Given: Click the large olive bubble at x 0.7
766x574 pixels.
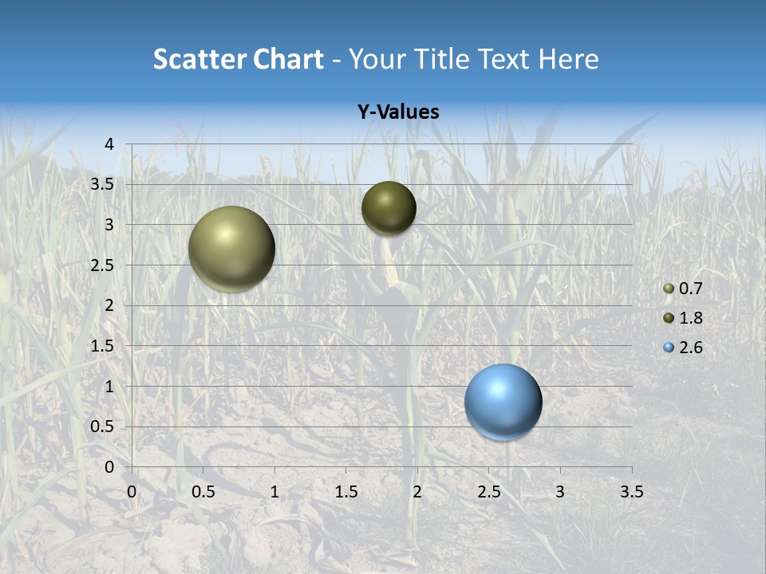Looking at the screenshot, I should coord(231,249).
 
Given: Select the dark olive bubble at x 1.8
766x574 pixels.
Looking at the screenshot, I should coord(389,208).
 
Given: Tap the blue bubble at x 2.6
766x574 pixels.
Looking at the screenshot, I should coord(503,402).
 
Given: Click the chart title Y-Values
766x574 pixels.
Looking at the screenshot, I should coord(397,112).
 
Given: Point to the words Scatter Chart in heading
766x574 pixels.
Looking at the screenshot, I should coord(239,59).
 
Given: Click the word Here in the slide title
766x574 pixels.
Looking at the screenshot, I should coord(569,59).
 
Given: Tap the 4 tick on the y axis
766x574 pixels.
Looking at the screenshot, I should coord(109,143).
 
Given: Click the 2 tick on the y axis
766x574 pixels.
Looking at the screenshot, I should coord(109,305).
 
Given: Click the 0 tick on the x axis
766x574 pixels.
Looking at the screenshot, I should coord(132,491).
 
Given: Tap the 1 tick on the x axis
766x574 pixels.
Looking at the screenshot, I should coord(274,491).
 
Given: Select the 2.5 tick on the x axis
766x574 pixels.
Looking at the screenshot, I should coord(488,491).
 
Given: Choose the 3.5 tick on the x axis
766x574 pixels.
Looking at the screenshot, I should coord(631,491).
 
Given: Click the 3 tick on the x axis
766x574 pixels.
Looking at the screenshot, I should coord(560,491).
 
